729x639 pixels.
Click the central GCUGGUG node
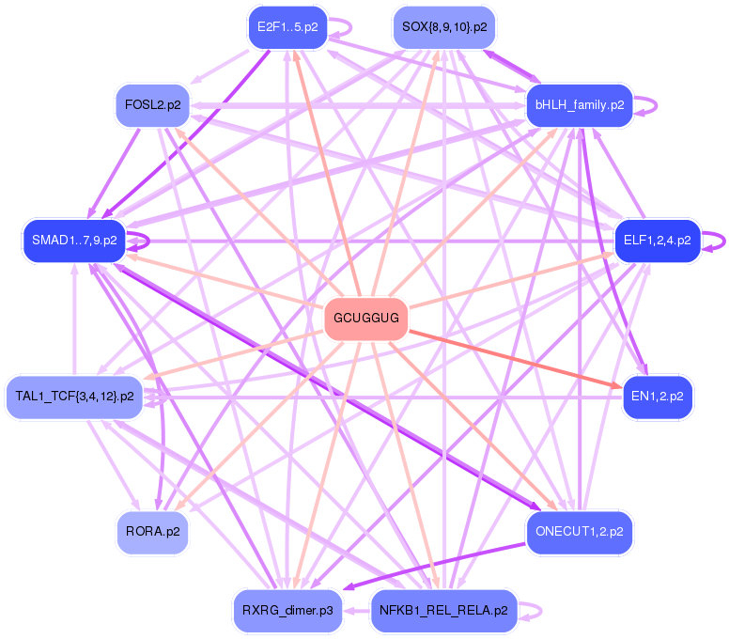point(366,319)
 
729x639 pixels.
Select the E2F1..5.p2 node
point(287,26)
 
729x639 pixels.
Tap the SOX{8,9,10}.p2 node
point(444,26)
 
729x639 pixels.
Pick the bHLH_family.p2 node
point(580,104)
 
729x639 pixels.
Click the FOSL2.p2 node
point(152,104)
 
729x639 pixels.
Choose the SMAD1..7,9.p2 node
point(74,241)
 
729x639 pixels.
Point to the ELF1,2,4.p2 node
point(657,241)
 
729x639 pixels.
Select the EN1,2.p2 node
point(658,397)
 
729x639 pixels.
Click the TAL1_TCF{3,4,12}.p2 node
point(74,397)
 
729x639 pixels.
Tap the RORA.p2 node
point(152,532)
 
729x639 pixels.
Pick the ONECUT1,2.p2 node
point(580,532)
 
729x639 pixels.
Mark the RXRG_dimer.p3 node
point(287,611)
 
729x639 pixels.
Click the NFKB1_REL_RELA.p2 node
point(443,611)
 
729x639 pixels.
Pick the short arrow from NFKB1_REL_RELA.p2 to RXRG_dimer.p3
point(356,611)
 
